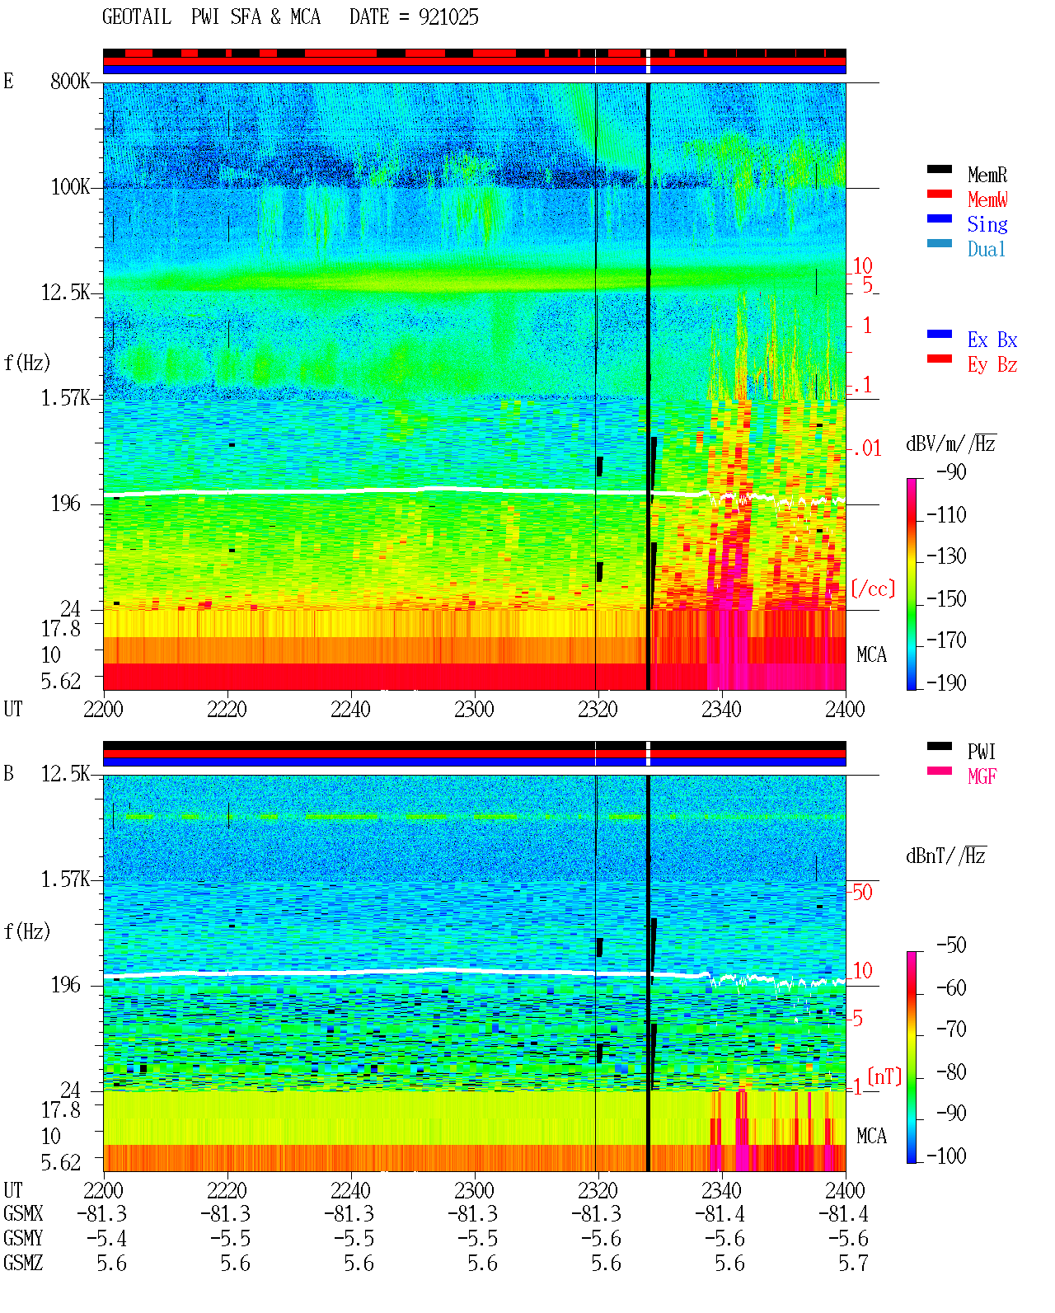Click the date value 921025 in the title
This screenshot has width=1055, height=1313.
tap(448, 17)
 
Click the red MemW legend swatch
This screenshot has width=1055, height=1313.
tap(939, 194)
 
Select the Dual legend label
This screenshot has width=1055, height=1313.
tap(987, 249)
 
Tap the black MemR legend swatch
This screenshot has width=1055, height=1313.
tap(939, 169)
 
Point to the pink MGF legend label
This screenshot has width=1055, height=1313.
tap(982, 776)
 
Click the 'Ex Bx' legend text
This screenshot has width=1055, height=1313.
tap(992, 340)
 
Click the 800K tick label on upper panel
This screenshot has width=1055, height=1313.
tap(70, 81)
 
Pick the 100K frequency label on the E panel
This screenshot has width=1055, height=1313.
tap(70, 187)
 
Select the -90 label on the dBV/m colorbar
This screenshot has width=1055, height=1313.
tap(951, 471)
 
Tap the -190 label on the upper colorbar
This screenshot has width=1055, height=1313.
tap(946, 682)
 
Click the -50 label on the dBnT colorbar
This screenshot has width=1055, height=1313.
tap(951, 945)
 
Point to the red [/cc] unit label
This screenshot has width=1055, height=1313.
tap(873, 589)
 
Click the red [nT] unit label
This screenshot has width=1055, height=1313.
tap(884, 1076)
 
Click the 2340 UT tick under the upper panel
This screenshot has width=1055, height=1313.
tap(721, 709)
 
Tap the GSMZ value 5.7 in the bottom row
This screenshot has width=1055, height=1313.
tap(853, 1263)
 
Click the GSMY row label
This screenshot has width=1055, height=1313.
tap(23, 1238)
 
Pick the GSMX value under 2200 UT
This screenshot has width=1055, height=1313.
tap(102, 1213)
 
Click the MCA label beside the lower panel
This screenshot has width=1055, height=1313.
tap(871, 1136)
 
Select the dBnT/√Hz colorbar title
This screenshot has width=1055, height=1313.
tap(945, 856)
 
